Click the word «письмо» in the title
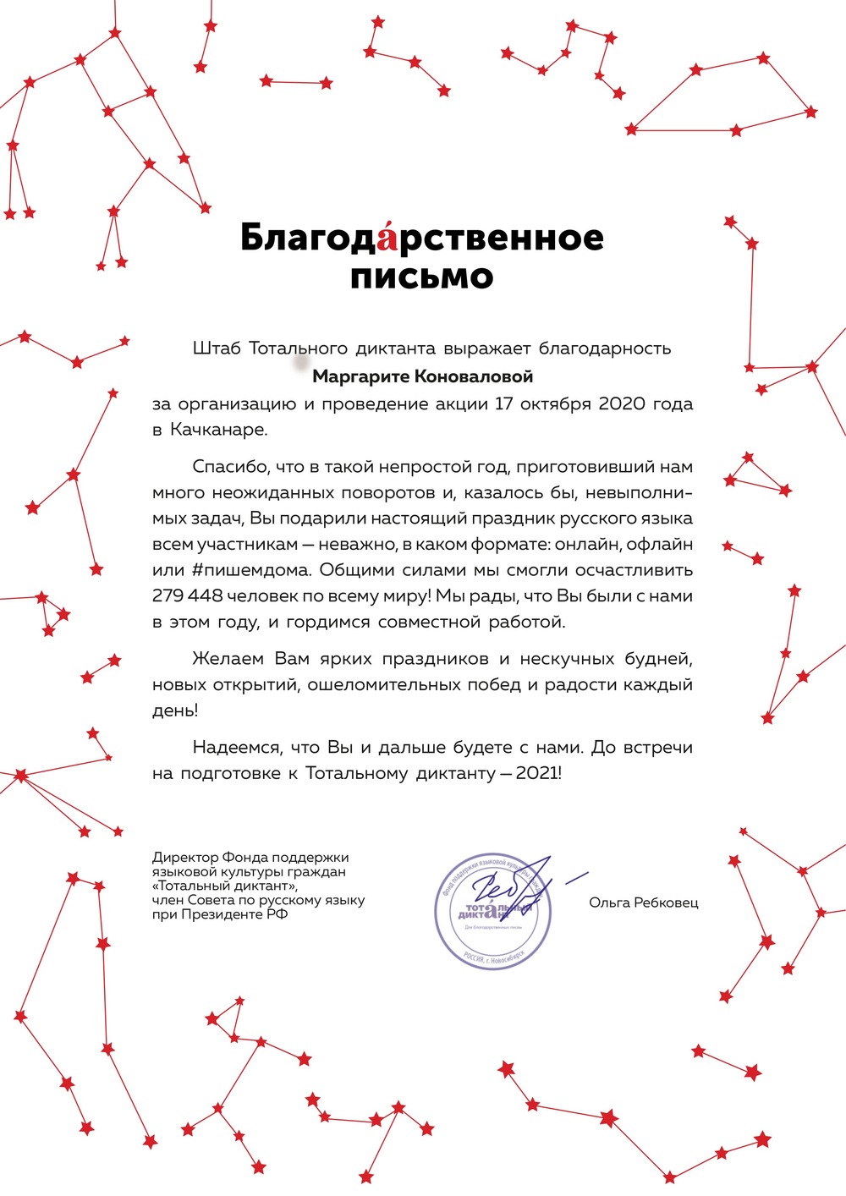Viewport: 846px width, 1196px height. pyautogui.click(x=421, y=277)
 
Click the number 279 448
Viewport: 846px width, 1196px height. pyautogui.click(x=187, y=596)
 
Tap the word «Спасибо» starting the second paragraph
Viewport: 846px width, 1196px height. pyautogui.click(x=222, y=467)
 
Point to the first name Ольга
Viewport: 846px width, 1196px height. pyautogui.click(x=609, y=902)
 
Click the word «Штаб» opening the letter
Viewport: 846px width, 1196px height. pyautogui.click(x=217, y=348)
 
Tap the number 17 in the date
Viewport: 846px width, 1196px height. pyautogui.click(x=504, y=403)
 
